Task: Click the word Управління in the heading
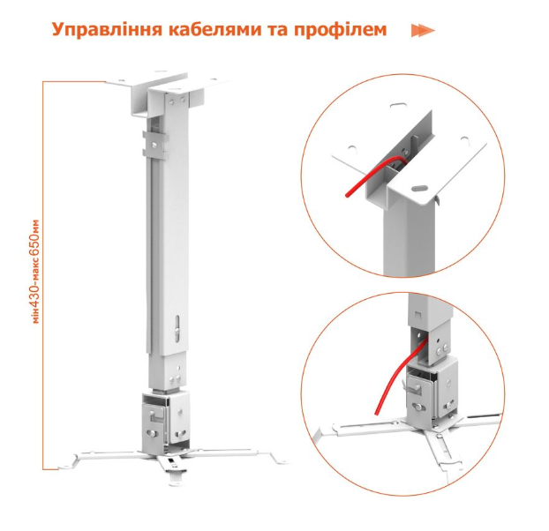click(x=107, y=29)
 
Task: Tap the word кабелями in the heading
click(x=217, y=29)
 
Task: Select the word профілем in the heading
click(x=341, y=29)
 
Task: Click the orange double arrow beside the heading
click(x=423, y=31)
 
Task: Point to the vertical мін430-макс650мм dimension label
click(x=35, y=272)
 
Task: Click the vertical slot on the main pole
click(x=178, y=328)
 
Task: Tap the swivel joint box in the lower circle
click(x=432, y=389)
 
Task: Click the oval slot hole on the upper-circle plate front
click(x=419, y=188)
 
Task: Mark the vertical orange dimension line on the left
click(x=43, y=328)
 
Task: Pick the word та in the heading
click(x=280, y=30)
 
